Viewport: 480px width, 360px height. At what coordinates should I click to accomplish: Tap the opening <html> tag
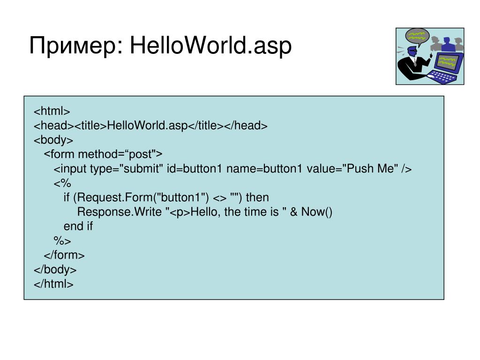pyautogui.click(x=52, y=112)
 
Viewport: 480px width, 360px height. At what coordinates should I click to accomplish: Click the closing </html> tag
pyautogui.click(x=53, y=284)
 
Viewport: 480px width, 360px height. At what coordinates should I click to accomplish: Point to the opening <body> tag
pyautogui.click(x=53, y=140)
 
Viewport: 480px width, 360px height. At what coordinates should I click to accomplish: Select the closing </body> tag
pyautogui.click(x=55, y=270)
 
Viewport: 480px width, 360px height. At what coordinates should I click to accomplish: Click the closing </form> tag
pyautogui.click(x=64, y=255)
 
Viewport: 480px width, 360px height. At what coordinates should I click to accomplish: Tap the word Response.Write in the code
pyautogui.click(x=119, y=212)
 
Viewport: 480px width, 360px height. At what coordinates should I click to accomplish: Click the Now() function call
pyautogui.click(x=316, y=212)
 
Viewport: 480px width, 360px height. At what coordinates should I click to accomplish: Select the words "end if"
pyautogui.click(x=78, y=226)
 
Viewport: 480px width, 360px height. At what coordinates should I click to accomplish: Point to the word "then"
pyautogui.click(x=257, y=198)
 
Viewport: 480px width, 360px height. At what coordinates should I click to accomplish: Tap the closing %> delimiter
pyautogui.click(x=62, y=241)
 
